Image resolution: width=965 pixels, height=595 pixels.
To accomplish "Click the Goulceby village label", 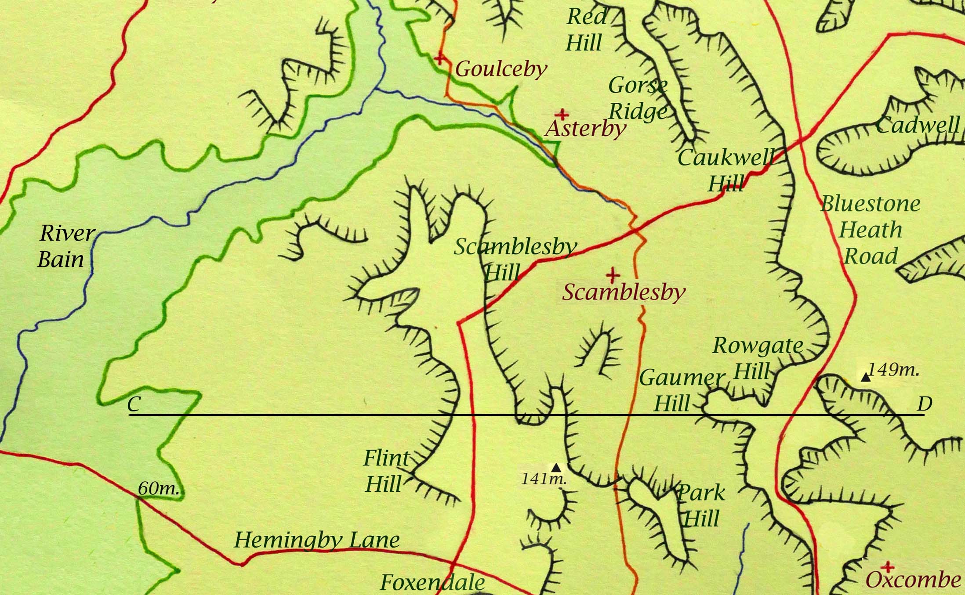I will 501,69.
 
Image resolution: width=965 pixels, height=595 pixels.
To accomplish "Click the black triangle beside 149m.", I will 865,377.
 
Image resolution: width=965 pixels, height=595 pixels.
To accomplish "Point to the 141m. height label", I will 544,478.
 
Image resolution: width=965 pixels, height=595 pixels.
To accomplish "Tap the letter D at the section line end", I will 925,404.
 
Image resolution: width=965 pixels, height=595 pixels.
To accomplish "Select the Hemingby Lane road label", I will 316,540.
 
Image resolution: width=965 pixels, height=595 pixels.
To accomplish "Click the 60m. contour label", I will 159,488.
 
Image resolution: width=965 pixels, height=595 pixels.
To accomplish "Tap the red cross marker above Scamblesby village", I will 613,275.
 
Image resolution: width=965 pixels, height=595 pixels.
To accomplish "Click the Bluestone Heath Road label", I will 870,230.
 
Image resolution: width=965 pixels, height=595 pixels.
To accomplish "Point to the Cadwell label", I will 918,126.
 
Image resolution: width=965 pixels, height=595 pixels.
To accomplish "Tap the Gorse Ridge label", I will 638,98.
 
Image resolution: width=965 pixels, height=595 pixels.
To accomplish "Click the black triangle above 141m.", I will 556,466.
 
